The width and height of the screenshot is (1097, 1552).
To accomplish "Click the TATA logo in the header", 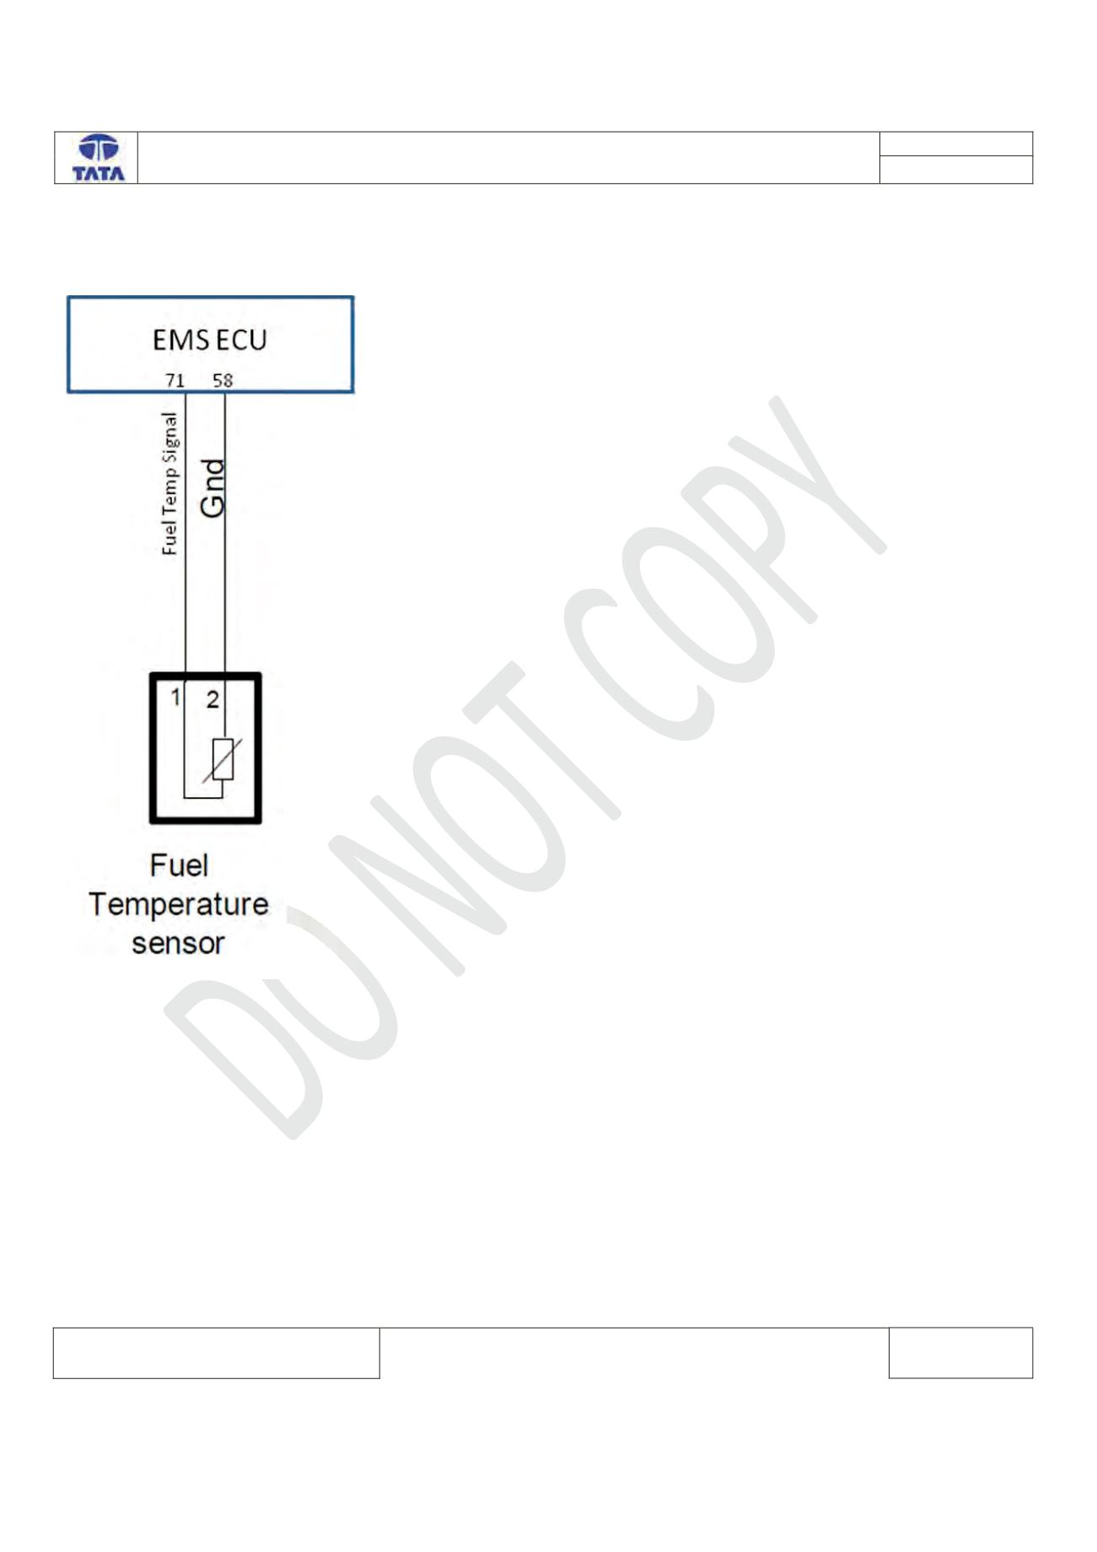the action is [99, 158].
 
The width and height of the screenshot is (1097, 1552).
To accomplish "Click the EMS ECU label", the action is [210, 340].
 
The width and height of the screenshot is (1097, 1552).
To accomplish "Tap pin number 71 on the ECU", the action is [175, 380].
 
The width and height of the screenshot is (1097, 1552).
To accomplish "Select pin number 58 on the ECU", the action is [223, 380].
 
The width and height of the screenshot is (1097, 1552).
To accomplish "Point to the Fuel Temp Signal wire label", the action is [169, 483].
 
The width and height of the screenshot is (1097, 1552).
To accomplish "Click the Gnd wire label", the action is [212, 488].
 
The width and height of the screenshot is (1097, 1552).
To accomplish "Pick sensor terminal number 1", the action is [175, 698].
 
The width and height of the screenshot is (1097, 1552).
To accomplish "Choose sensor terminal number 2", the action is [212, 699].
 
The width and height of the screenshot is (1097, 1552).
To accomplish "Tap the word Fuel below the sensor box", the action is [179, 865].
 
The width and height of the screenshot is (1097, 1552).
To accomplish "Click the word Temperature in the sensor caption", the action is [178, 905].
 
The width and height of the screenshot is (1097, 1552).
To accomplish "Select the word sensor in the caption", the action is [178, 943].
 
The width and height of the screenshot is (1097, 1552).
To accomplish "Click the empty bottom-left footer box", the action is [216, 1353].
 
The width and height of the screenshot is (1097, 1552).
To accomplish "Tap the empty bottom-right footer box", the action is [960, 1353].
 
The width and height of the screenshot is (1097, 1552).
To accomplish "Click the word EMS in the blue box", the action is [181, 340].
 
